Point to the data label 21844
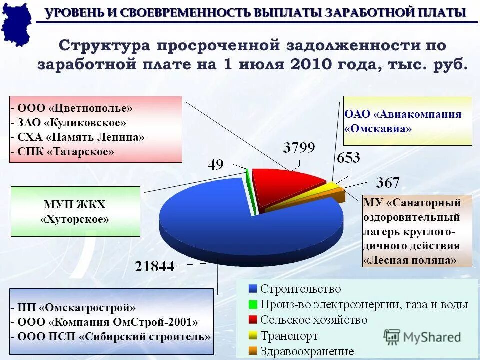(155, 266)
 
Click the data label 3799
(299, 147)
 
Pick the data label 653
(348, 158)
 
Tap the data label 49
(216, 165)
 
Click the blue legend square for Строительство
(252, 289)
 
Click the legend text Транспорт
(289, 336)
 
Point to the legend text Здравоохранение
(307, 351)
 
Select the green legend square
(252, 304)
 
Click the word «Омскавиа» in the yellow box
(378, 128)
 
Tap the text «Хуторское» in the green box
(75, 219)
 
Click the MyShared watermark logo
(422, 336)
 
